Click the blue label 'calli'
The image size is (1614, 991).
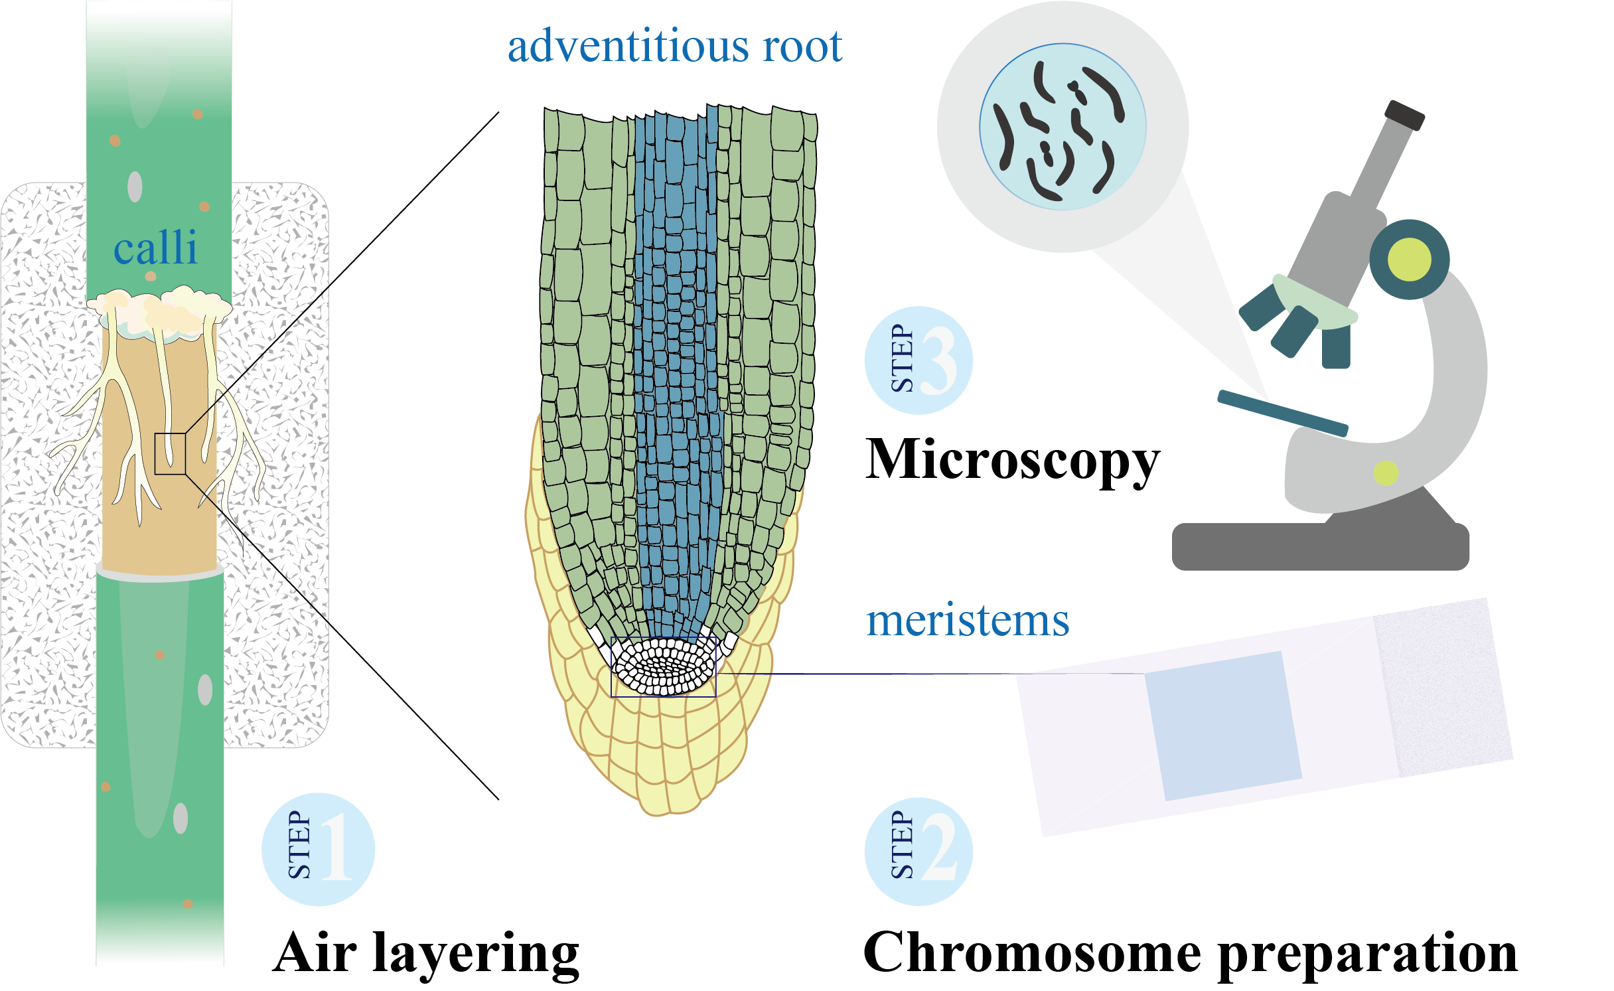[x=155, y=248]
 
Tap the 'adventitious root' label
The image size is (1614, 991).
[x=674, y=46]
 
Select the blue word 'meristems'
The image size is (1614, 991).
[x=968, y=621]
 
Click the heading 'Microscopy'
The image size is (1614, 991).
[x=1013, y=460]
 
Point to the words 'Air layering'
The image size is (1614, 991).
[x=426, y=953]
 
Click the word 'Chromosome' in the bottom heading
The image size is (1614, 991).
[x=1032, y=953]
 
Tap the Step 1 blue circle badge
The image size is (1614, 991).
[x=319, y=849]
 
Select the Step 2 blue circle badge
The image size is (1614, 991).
[x=918, y=851]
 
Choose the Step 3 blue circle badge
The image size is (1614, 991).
[x=918, y=360]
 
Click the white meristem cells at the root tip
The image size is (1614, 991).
[x=663, y=666]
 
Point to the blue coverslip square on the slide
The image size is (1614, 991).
[x=1223, y=725]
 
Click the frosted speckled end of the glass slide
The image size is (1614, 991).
[x=1443, y=687]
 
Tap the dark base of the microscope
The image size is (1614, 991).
[x=1321, y=546]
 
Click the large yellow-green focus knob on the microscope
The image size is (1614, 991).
[x=1409, y=260]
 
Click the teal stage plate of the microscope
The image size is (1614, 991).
[x=1282, y=413]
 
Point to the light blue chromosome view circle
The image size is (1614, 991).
[x=1063, y=127]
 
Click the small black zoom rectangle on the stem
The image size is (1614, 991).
[x=170, y=453]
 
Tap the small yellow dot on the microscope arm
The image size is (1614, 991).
[x=1386, y=473]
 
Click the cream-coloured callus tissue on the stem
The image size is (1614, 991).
[x=159, y=307]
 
